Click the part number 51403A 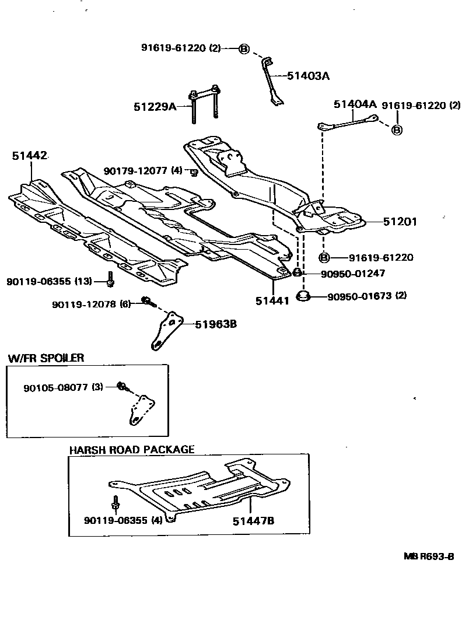tap(308, 76)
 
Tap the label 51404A tap(355, 104)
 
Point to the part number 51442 tap(29, 156)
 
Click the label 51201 tap(400, 222)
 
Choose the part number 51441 tap(272, 301)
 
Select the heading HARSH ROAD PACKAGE tap(131, 450)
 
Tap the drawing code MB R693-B tap(429, 556)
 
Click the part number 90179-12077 tap(136, 171)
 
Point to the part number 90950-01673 tap(358, 296)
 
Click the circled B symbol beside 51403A tap(244, 49)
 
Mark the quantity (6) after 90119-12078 tap(125, 304)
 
